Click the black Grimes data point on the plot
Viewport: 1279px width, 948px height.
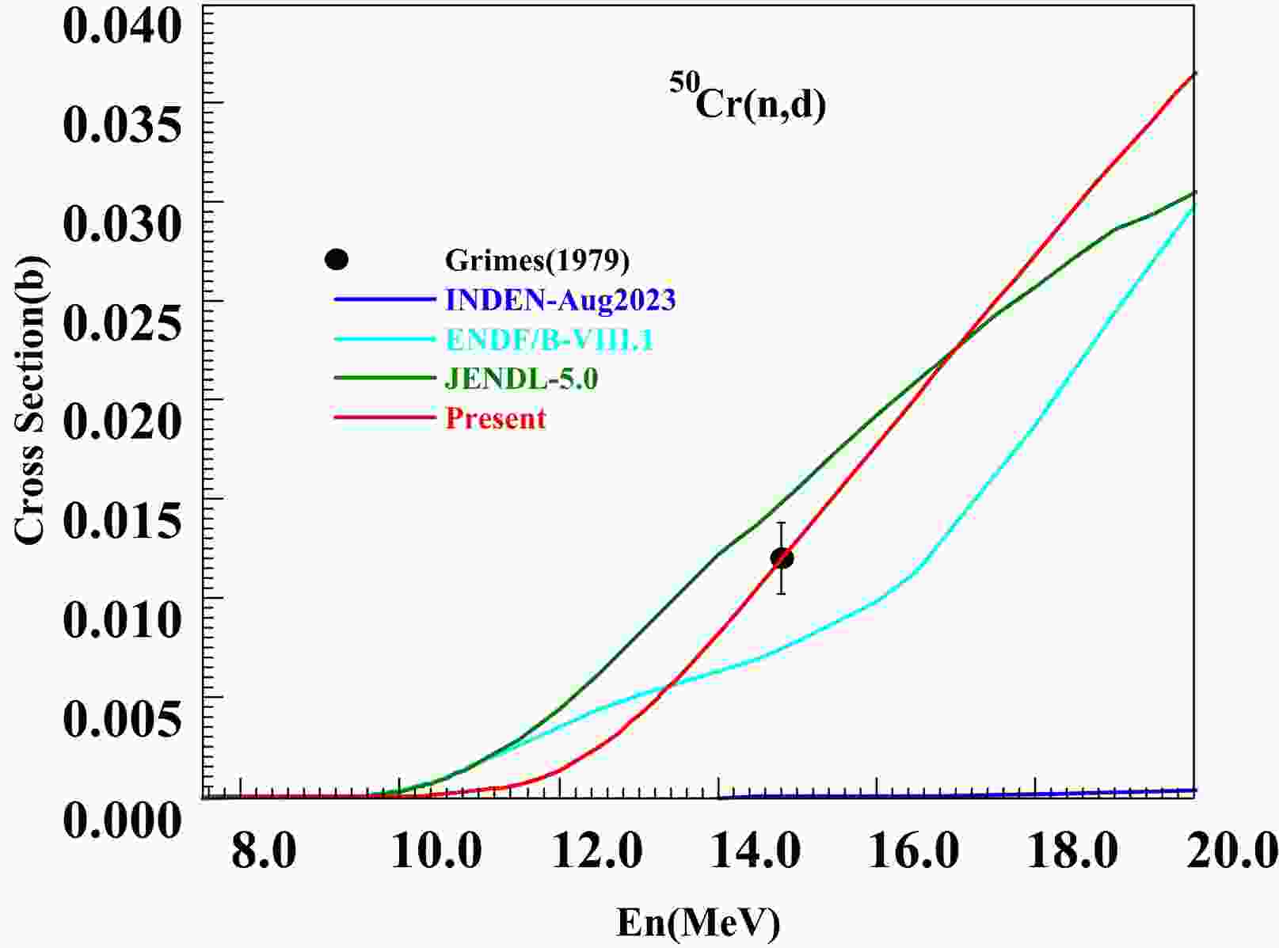click(782, 558)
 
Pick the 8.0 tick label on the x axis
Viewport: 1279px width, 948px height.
click(263, 853)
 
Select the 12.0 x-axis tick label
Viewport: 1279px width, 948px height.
click(591, 853)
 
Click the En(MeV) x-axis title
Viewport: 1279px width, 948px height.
click(699, 923)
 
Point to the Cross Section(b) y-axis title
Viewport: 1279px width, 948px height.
click(30, 402)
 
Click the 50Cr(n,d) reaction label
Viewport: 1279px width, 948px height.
click(748, 103)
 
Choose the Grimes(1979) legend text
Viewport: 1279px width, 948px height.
click(537, 260)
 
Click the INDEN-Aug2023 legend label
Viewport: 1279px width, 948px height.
click(561, 299)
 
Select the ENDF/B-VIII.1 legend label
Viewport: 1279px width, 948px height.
click(550, 339)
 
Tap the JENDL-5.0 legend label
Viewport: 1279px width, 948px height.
click(521, 379)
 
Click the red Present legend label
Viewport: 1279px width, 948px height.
click(496, 418)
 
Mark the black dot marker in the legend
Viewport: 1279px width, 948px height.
click(337, 259)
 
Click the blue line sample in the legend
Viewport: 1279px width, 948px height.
click(385, 299)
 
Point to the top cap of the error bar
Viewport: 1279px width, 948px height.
click(781, 523)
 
